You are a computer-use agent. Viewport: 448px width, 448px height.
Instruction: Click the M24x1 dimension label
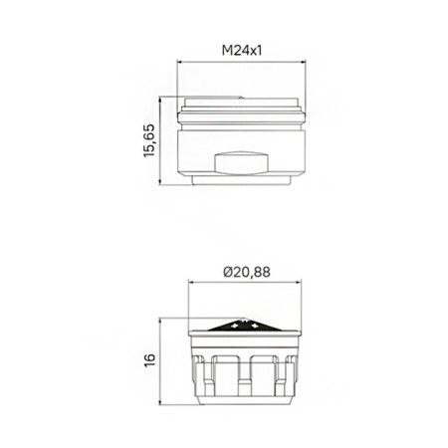point(242,51)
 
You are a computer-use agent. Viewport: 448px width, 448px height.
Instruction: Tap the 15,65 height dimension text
point(149,140)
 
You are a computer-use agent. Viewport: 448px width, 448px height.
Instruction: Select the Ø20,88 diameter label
point(247,272)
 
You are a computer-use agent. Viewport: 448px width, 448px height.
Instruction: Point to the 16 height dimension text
point(150,360)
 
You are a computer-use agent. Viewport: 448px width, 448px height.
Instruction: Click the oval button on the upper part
point(241,162)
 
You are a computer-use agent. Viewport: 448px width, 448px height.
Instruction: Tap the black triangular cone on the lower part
point(245,325)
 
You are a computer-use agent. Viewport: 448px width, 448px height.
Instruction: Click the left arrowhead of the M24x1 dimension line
point(179,62)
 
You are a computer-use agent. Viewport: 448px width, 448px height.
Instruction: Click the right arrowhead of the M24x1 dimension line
point(303,62)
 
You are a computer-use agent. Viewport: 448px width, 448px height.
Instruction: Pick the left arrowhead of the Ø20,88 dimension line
point(191,283)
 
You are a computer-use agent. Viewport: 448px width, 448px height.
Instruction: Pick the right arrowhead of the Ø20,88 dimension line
point(299,283)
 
